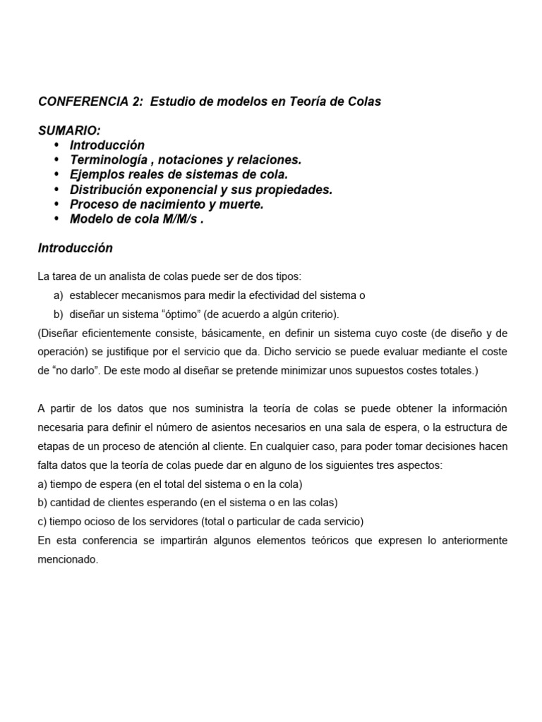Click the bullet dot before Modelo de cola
point(56,219)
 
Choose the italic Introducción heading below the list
point(76,248)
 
